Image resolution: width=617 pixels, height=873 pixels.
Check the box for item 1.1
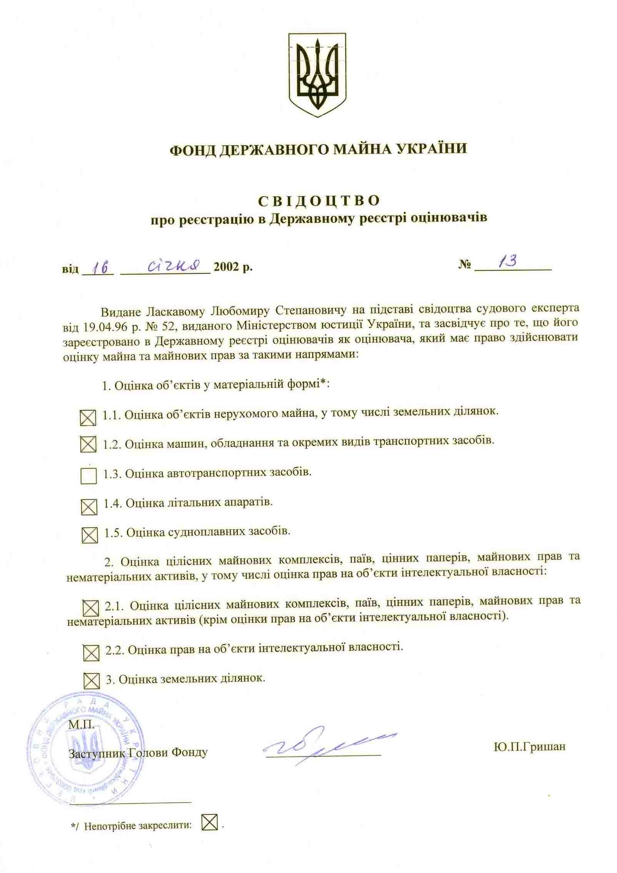click(x=88, y=418)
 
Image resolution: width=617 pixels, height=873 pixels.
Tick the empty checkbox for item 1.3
click(x=88, y=476)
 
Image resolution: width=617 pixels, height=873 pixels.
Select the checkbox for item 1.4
click(x=89, y=507)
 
